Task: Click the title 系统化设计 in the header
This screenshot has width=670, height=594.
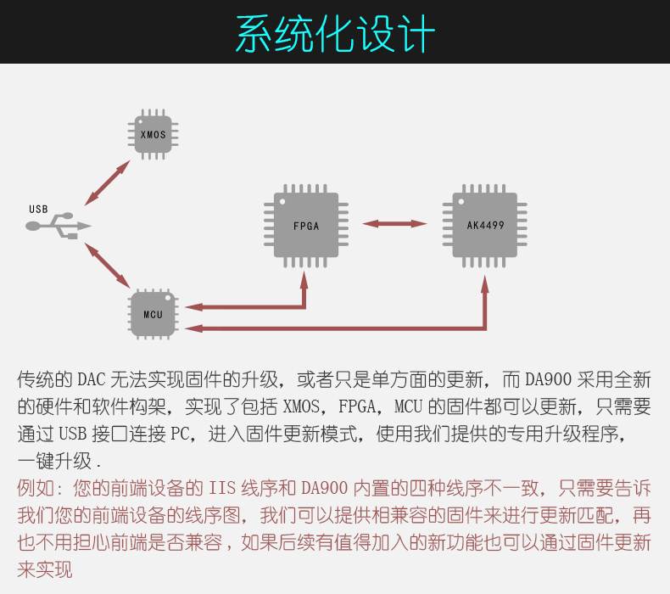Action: pos(335,33)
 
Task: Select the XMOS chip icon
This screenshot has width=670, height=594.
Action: pos(153,134)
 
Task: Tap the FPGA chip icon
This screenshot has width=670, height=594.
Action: pos(306,226)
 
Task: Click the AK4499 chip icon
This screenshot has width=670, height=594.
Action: pos(484,226)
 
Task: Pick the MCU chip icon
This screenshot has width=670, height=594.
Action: pos(153,314)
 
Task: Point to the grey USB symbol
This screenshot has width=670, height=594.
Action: pos(59,226)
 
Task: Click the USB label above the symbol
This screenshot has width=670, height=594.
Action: pos(38,209)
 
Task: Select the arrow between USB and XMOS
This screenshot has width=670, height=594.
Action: pos(107,183)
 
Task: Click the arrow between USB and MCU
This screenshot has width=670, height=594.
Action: pos(107,265)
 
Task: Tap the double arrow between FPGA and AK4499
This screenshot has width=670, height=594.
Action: pos(394,224)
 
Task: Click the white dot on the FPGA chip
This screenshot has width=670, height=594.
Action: pos(282,201)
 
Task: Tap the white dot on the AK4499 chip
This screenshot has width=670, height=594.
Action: pos(461,201)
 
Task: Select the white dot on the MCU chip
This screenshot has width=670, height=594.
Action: pos(168,298)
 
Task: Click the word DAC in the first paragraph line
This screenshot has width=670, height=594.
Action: pos(92,380)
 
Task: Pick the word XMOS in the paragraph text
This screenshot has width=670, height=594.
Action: pos(301,406)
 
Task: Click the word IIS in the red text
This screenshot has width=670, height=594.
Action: pos(222,488)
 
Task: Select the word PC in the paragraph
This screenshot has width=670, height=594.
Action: pos(180,434)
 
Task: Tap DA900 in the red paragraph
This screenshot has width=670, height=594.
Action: pos(324,488)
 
